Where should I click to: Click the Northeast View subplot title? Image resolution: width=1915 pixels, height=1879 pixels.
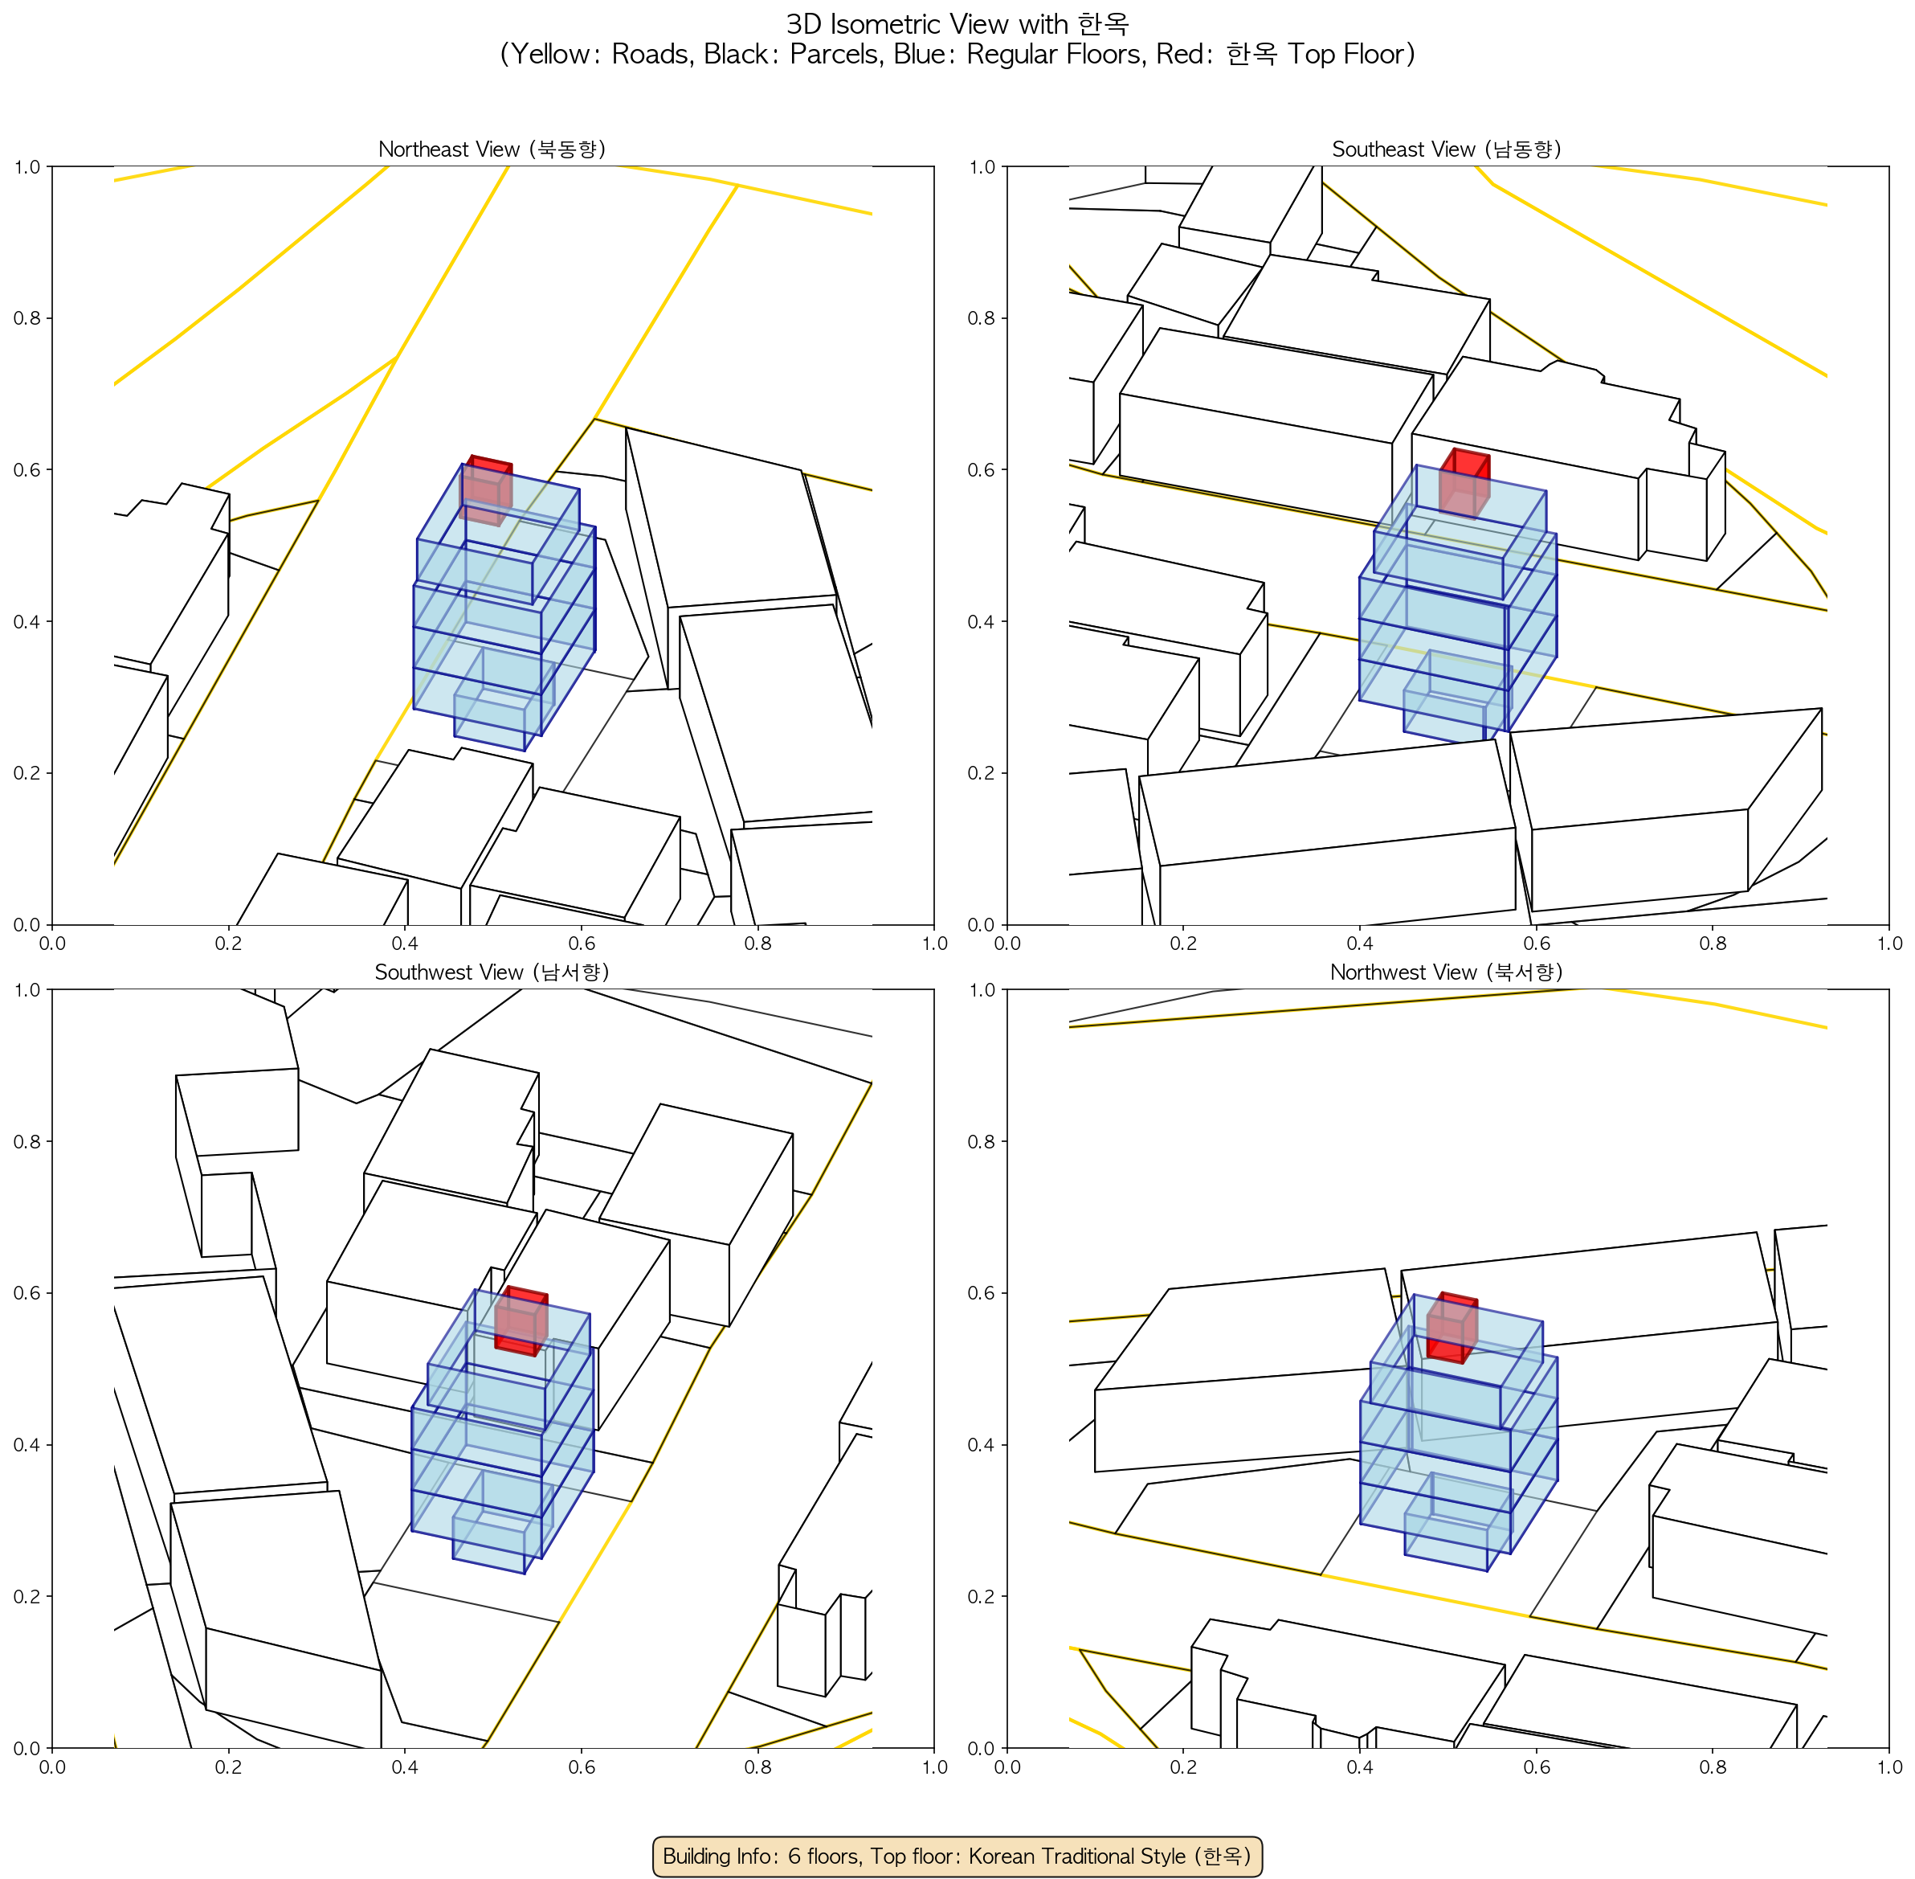click(492, 149)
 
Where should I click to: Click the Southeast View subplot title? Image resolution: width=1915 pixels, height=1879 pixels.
click(1447, 149)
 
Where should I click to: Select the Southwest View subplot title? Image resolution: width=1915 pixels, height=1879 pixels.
click(492, 972)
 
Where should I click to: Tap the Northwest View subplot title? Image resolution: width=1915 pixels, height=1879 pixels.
click(1447, 972)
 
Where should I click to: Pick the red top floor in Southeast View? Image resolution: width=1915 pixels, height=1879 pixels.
click(1465, 482)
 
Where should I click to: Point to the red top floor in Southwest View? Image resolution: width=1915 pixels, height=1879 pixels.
click(521, 1321)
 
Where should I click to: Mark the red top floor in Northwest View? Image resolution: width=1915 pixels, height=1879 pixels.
click(1452, 1328)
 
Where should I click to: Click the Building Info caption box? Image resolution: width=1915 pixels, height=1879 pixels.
click(957, 1856)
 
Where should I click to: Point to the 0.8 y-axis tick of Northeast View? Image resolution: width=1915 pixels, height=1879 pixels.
click(27, 317)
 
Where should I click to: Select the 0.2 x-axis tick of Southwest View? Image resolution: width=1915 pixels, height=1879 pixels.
click(228, 1766)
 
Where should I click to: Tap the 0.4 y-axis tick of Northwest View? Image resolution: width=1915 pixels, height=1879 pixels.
click(982, 1445)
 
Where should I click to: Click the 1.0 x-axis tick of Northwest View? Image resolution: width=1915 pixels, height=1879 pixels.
click(1888, 1766)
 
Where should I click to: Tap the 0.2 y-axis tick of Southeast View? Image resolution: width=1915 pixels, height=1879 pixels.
click(982, 772)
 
